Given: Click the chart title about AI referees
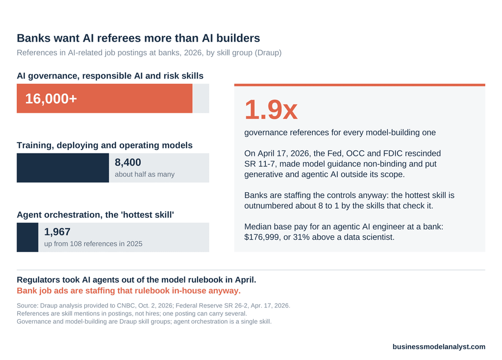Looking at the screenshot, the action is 138,38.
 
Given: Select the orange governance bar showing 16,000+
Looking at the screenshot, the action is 104,98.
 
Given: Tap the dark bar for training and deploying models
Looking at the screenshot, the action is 63,168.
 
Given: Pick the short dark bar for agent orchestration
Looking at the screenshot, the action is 27,237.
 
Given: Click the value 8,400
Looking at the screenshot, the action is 128,162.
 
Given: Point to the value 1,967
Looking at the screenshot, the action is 57,232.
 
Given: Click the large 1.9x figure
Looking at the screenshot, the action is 271,109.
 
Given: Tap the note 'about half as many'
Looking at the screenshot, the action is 145,175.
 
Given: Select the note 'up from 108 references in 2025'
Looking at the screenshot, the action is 93,244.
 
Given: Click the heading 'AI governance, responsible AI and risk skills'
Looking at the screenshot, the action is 110,76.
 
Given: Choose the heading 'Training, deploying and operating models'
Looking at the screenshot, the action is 105,145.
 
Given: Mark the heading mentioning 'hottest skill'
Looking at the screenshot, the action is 96,215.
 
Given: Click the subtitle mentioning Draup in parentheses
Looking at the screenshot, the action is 149,53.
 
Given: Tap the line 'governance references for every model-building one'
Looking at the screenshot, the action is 340,132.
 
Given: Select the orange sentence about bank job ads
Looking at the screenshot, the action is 129,291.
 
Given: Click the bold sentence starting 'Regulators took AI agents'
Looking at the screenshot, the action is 136,280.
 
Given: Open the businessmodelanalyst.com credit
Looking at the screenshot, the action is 439,347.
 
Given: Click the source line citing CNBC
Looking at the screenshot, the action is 153,306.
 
